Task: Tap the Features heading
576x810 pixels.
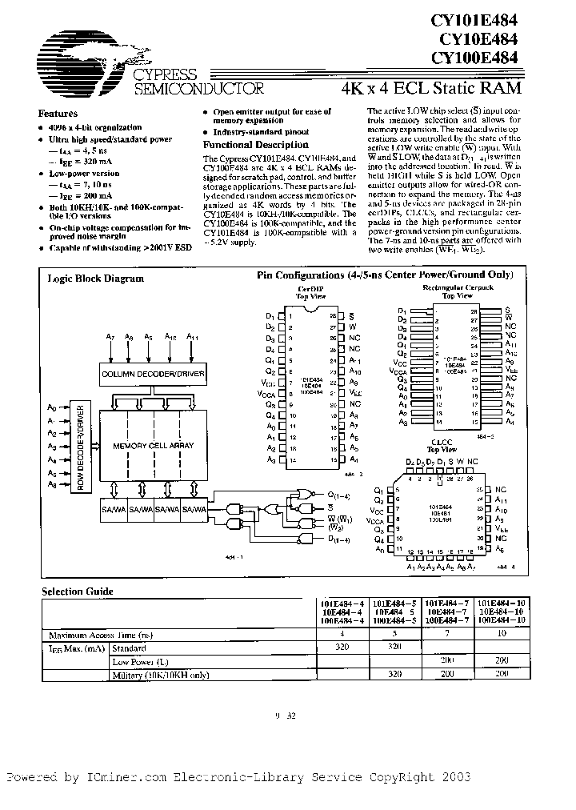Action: [x=58, y=114]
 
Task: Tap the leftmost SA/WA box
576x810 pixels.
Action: [x=114, y=508]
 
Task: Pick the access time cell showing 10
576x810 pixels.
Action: [x=502, y=633]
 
